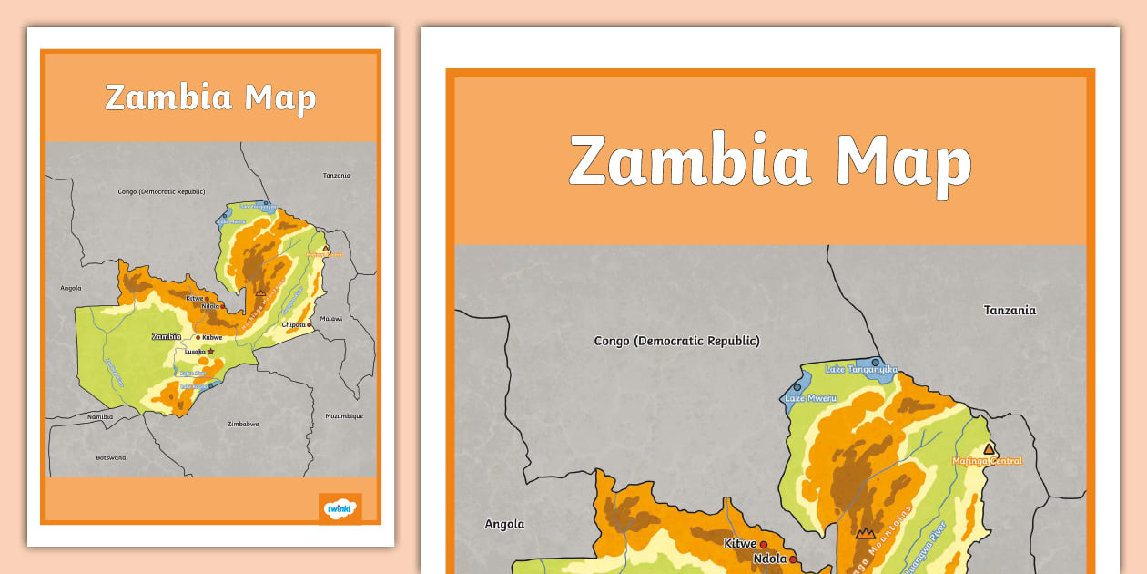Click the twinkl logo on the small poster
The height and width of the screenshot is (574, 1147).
click(x=340, y=507)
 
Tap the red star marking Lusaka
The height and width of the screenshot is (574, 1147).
click(x=210, y=351)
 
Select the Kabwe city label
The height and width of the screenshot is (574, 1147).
click(x=212, y=337)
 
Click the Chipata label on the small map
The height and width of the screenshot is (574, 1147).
click(x=293, y=324)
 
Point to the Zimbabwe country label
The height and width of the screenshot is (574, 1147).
click(x=243, y=424)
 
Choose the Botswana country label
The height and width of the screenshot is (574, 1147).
click(x=111, y=457)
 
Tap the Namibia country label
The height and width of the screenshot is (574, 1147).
click(x=99, y=416)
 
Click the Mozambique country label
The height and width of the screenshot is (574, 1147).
click(x=344, y=416)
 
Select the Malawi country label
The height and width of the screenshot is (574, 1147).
click(x=331, y=319)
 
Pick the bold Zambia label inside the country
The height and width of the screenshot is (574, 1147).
click(x=166, y=336)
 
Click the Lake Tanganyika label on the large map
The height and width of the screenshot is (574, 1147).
click(x=861, y=369)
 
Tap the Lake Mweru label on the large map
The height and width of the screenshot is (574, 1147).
click(x=809, y=398)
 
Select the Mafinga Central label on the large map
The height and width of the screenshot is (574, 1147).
click(x=987, y=461)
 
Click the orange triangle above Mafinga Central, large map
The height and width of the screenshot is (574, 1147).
click(x=990, y=448)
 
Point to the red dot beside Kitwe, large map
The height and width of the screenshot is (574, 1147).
click(x=764, y=545)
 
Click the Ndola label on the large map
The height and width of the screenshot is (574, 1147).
click(x=769, y=559)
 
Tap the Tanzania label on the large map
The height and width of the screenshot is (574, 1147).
click(x=1010, y=310)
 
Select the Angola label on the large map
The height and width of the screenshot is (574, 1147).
click(x=504, y=524)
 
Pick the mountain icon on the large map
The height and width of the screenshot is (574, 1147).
click(x=864, y=533)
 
